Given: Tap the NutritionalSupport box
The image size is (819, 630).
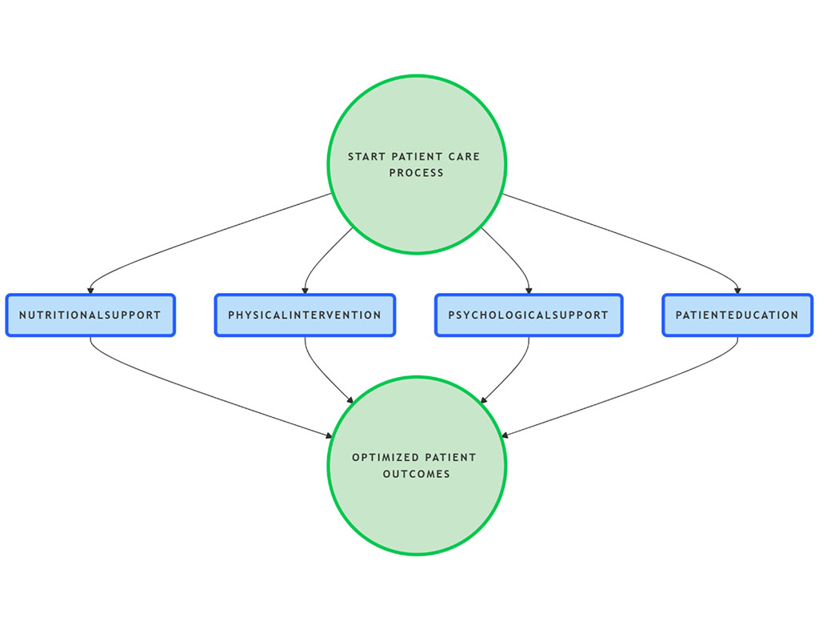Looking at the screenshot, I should click(x=90, y=315).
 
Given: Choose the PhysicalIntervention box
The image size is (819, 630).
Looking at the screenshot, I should click(x=305, y=315).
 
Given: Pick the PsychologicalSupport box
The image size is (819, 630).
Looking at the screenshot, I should click(x=529, y=315).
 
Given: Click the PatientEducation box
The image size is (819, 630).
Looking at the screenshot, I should click(x=737, y=315).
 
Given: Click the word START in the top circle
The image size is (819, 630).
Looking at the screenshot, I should click(x=366, y=157).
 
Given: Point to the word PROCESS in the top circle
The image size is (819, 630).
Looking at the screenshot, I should click(x=416, y=173).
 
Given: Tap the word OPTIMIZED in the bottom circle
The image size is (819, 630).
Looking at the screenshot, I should click(x=386, y=458).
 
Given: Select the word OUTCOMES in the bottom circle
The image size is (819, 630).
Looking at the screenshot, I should click(x=416, y=474).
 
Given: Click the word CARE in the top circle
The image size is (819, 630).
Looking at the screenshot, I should click(x=464, y=157).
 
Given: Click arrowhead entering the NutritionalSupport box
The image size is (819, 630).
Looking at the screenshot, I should click(x=90, y=291).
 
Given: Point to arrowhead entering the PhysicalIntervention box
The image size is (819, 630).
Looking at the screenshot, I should click(x=305, y=291).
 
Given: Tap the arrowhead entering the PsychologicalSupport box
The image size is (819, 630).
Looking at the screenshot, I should click(x=529, y=291).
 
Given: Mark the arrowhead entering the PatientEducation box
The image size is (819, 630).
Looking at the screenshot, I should click(x=737, y=291).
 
